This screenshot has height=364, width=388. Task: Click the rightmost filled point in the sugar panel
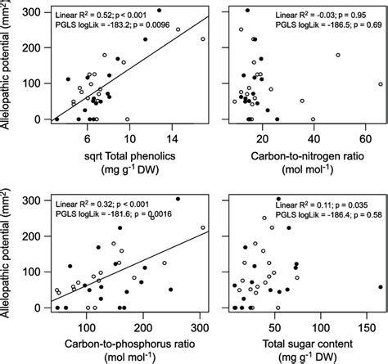click(381, 287)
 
